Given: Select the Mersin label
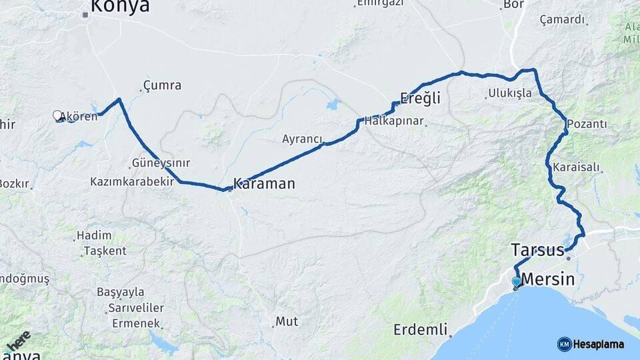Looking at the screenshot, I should click(x=547, y=279).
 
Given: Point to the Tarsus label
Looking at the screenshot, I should click(x=537, y=250).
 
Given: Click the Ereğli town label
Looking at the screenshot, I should click(x=420, y=98).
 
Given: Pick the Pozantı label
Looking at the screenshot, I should click(x=587, y=124).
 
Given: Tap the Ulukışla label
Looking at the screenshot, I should click(x=510, y=93).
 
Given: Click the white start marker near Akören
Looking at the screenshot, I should click(x=57, y=115).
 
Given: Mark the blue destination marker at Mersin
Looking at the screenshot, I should click(x=517, y=282).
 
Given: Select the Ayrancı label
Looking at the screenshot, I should click(x=302, y=139).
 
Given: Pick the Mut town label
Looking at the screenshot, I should click(x=287, y=321).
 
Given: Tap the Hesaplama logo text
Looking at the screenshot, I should click(x=599, y=344).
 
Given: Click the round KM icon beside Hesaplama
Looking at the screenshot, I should click(x=564, y=344).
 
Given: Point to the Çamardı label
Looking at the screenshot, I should click(x=562, y=19).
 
